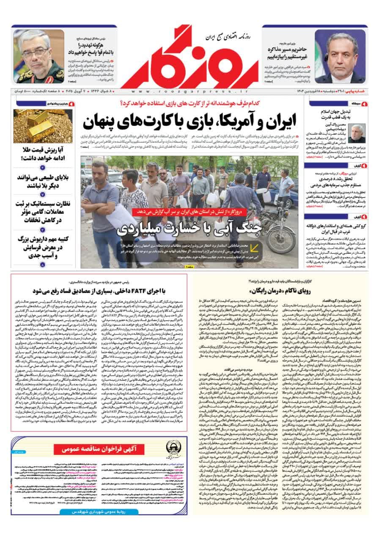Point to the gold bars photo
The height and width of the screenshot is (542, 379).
pyautogui.click(x=37, y=126)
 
